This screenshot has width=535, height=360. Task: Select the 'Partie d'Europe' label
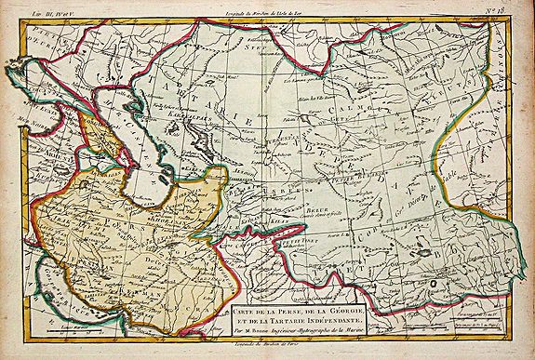(37, 47)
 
